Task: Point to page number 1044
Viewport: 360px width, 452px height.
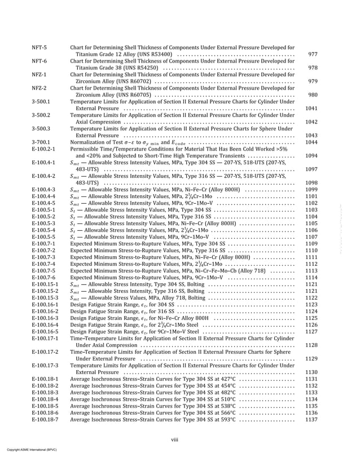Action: [311, 142]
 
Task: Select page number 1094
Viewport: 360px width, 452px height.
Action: [311, 156]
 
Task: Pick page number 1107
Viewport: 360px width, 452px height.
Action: [311, 237]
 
